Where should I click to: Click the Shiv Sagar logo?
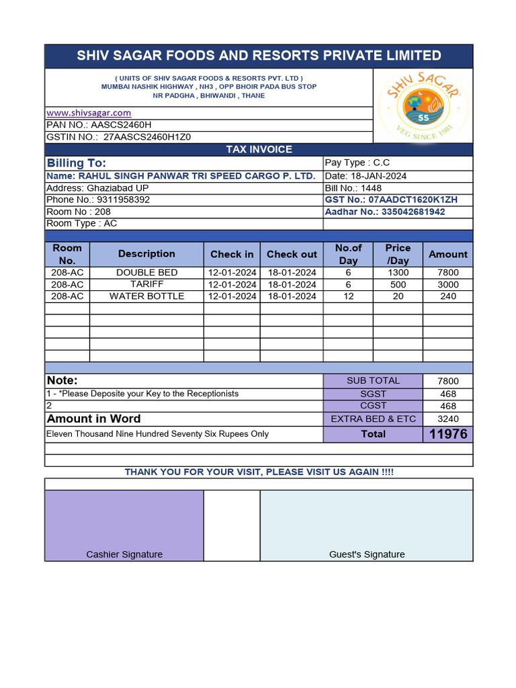pyautogui.click(x=423, y=106)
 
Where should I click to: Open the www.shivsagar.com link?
pyautogui.click(x=89, y=113)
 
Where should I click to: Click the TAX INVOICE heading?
pyautogui.click(x=259, y=149)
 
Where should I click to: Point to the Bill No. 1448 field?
pyautogui.click(x=353, y=188)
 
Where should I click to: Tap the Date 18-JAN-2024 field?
pyautogui.click(x=365, y=176)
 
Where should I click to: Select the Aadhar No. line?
pyautogui.click(x=384, y=212)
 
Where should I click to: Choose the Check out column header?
pyautogui.click(x=292, y=255)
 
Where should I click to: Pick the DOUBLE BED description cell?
pyautogui.click(x=146, y=272)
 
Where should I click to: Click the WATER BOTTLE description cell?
pyautogui.click(x=146, y=296)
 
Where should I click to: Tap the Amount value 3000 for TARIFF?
pyautogui.click(x=447, y=285)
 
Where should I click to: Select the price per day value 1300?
pyautogui.click(x=398, y=273)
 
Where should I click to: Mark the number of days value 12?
pyautogui.click(x=348, y=296)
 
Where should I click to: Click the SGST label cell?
pyautogui.click(x=373, y=394)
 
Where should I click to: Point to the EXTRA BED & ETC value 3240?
pyautogui.click(x=447, y=419)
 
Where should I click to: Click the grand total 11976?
pyautogui.click(x=447, y=434)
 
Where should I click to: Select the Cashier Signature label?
pyautogui.click(x=124, y=554)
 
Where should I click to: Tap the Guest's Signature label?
pyautogui.click(x=367, y=554)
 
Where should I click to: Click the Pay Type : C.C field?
pyautogui.click(x=357, y=163)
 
